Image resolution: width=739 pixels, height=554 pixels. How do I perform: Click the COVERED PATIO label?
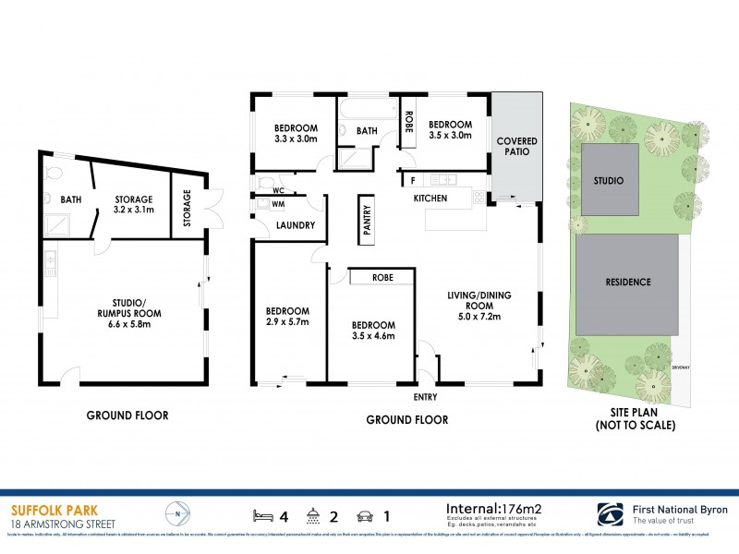point(517,147)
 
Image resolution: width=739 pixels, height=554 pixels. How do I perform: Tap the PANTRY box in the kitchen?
point(367,222)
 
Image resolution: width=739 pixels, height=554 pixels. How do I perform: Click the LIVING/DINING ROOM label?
point(479,306)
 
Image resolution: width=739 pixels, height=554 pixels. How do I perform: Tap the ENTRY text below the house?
point(425,397)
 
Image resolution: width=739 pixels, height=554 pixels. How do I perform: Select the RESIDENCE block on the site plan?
point(628,283)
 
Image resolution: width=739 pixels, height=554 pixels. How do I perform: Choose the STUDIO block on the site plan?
point(609,180)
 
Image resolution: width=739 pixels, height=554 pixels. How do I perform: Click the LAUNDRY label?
point(296,224)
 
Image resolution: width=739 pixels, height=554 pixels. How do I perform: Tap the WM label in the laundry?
point(278,205)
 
